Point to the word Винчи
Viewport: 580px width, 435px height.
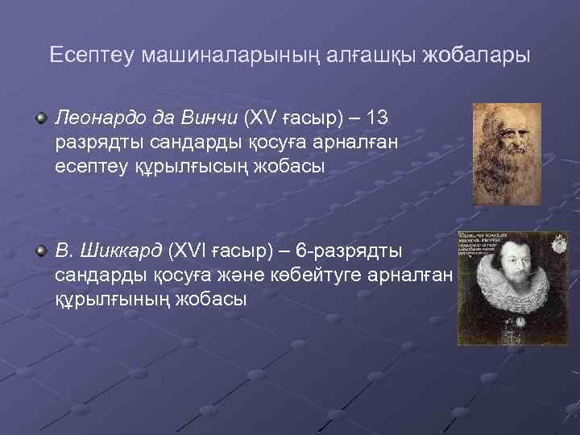pyautogui.click(x=209, y=118)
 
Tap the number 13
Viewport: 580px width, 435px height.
pyautogui.click(x=376, y=118)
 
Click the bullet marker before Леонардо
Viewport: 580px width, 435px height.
pyautogui.click(x=41, y=119)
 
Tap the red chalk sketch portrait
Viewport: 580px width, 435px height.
pyautogui.click(x=506, y=153)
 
